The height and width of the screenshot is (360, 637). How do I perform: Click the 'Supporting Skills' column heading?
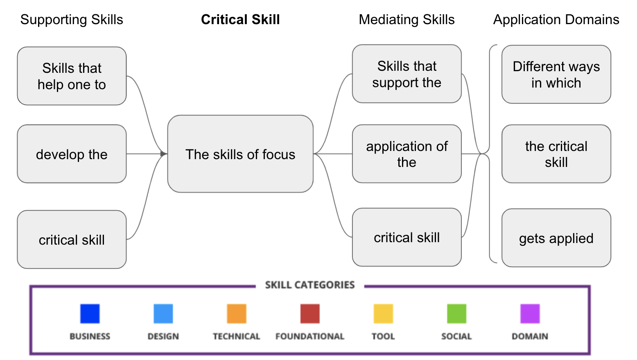tap(72, 20)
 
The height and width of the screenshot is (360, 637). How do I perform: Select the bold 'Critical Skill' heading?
tap(240, 20)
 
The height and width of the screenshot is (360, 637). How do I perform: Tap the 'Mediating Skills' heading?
tap(407, 20)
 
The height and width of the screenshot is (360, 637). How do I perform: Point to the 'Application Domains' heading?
tap(556, 20)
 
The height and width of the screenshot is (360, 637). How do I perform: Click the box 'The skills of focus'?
tap(240, 154)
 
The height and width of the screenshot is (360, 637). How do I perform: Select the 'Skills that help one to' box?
tap(72, 76)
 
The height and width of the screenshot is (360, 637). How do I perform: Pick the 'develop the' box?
tap(72, 154)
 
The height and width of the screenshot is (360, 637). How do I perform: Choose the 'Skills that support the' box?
tap(407, 74)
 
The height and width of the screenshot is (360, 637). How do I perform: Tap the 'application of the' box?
tap(407, 154)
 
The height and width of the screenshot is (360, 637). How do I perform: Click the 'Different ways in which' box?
tap(556, 74)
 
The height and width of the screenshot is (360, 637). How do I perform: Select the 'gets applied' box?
tap(556, 238)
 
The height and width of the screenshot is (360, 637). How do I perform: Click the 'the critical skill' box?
tap(556, 154)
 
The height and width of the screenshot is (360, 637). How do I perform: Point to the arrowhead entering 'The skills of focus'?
tap(164, 154)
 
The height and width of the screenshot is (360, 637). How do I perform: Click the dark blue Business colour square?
tap(90, 314)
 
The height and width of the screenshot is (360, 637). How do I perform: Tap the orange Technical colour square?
tap(237, 314)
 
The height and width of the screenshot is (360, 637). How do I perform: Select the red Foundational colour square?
tap(310, 314)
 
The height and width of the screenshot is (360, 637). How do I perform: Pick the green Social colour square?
tap(456, 314)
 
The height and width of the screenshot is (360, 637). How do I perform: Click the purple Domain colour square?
tap(530, 314)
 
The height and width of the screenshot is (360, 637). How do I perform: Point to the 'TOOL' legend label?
tap(383, 336)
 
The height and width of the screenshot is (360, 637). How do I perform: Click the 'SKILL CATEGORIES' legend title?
tap(310, 285)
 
